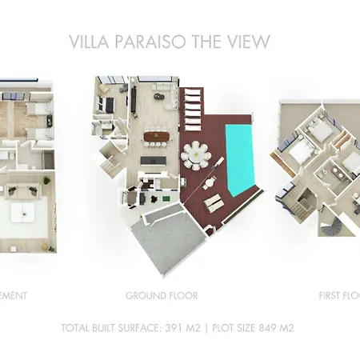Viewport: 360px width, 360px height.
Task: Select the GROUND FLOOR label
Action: point(162,295)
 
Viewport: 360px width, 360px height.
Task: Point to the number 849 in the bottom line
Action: point(257,328)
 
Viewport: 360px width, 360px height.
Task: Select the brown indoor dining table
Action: point(154,138)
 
